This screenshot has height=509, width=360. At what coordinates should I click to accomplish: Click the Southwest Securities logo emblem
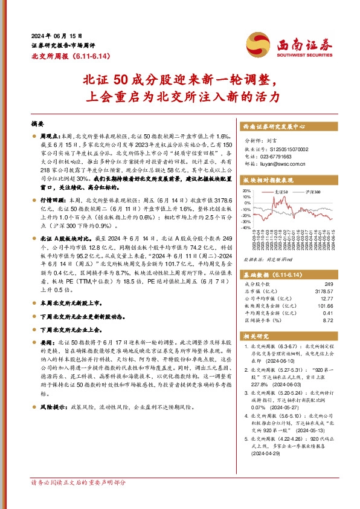point(256,44)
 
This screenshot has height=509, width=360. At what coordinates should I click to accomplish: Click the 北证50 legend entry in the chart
point(279,192)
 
